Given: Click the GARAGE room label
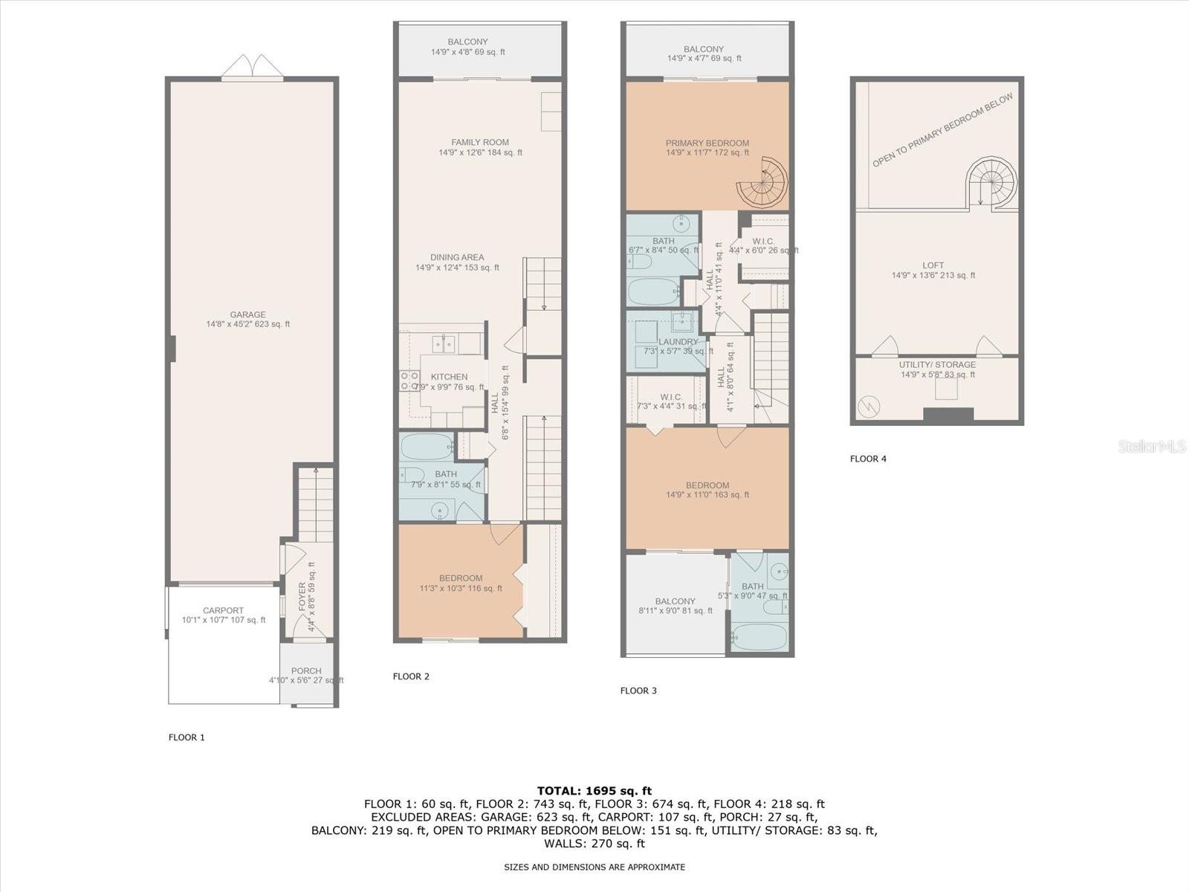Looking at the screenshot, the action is coord(247,314).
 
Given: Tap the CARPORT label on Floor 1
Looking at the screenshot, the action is coord(223,610).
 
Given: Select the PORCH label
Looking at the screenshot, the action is coord(306,670).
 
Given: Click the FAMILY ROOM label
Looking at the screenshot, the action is coord(480,143).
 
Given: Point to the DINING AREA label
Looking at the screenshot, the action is coord(457,258).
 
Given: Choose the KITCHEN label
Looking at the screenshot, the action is coord(449,377).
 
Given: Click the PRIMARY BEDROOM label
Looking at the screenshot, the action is coord(707,143).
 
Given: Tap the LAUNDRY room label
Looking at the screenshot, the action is coord(678,342).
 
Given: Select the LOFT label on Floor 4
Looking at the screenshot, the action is coord(933,265).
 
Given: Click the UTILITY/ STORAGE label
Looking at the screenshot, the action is coord(938,364).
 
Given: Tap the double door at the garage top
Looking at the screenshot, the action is coord(252,66).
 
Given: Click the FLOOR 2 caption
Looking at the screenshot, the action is coord(411,676).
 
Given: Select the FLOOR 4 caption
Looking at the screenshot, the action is coord(868,459).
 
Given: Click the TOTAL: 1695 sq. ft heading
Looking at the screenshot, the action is coord(594,791).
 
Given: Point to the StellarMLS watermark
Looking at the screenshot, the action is coord(1151,447).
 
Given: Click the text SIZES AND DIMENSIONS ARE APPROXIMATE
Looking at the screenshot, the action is coord(594,867).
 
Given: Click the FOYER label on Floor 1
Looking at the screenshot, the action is coord(302,597).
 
